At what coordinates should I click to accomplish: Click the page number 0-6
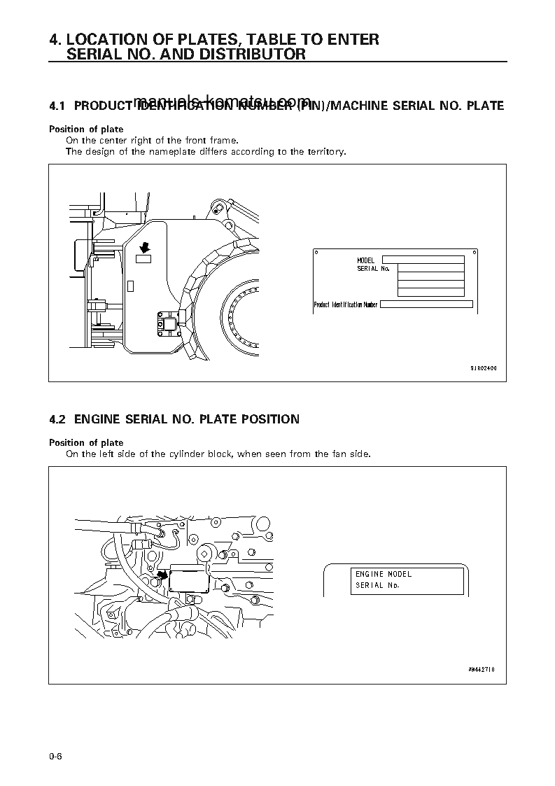pyautogui.click(x=56, y=756)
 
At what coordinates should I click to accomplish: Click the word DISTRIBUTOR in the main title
pyautogui.click(x=257, y=54)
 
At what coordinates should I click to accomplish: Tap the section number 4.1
pyautogui.click(x=57, y=106)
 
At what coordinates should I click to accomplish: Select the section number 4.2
pyautogui.click(x=57, y=419)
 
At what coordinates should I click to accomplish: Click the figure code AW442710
pyautogui.click(x=482, y=669)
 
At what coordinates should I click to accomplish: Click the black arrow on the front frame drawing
pyautogui.click(x=145, y=246)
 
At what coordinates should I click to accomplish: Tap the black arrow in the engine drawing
pyautogui.click(x=162, y=575)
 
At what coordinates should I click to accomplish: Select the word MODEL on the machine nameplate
pyautogui.click(x=365, y=260)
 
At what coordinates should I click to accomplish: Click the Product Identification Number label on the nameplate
pyautogui.click(x=346, y=304)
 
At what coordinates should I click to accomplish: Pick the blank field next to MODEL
pyautogui.click(x=423, y=260)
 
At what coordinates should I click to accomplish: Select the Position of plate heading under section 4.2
pyautogui.click(x=85, y=442)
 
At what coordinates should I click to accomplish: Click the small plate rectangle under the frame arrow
pyautogui.click(x=143, y=260)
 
